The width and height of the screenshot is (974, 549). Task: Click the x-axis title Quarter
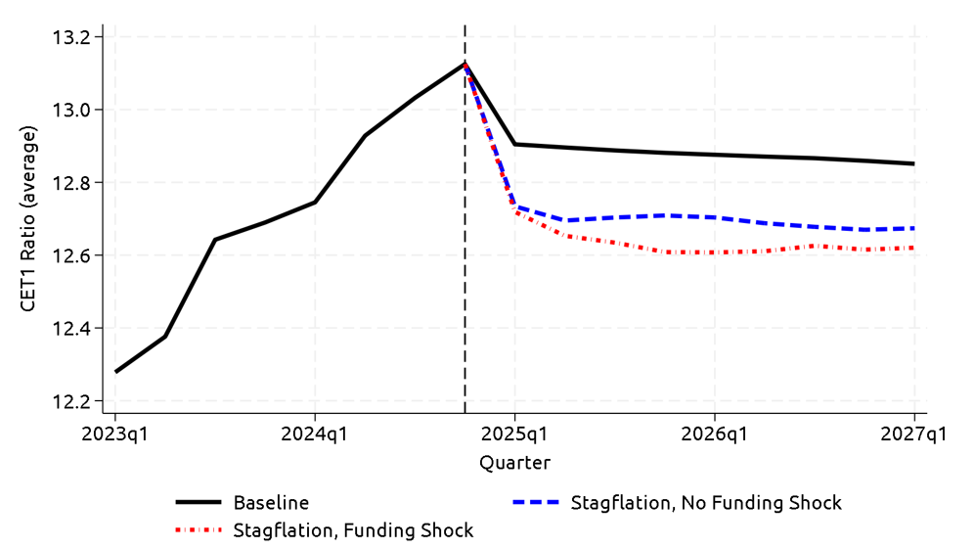pos(514,463)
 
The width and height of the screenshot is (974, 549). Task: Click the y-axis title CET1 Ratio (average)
pos(29,219)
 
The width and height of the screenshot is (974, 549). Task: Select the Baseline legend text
pos(271,503)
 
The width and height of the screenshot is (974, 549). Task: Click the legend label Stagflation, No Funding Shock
pos(706,503)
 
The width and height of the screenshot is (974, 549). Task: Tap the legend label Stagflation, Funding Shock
pos(353,530)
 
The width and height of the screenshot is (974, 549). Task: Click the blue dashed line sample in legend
pos(536,503)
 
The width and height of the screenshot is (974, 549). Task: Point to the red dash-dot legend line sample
pos(199,530)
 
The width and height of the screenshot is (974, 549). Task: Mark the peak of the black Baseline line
pos(465,64)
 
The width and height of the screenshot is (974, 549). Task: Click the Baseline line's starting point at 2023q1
pos(115,372)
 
